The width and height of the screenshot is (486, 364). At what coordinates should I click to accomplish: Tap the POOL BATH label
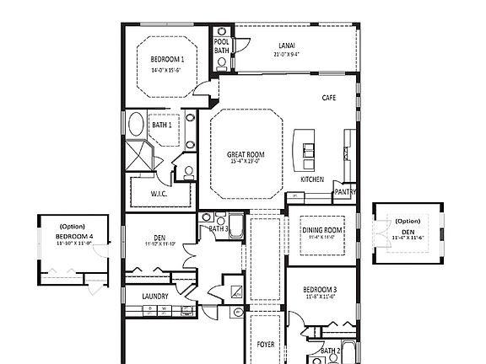click(x=222, y=46)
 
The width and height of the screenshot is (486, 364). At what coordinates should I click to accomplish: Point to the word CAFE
click(x=330, y=99)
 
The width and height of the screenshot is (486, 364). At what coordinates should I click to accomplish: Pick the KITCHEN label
click(x=312, y=179)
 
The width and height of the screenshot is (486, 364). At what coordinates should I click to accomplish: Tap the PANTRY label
click(x=344, y=192)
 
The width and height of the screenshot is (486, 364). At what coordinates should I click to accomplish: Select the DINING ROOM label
click(x=321, y=230)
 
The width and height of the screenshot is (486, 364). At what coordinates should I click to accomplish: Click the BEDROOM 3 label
click(x=320, y=289)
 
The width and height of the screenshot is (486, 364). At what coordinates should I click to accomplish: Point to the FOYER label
click(x=266, y=344)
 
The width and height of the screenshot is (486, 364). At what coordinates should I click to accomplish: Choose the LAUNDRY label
click(x=154, y=296)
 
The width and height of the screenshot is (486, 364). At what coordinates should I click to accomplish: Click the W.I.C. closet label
click(x=162, y=194)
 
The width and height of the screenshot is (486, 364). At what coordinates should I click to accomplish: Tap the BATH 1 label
click(x=162, y=126)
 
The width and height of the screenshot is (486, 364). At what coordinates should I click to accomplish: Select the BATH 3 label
click(x=218, y=228)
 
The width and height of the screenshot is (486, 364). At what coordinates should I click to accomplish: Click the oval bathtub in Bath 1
click(x=136, y=126)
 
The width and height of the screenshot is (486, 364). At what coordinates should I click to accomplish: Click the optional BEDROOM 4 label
click(x=73, y=237)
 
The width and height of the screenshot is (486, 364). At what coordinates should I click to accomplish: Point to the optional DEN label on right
click(x=408, y=231)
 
